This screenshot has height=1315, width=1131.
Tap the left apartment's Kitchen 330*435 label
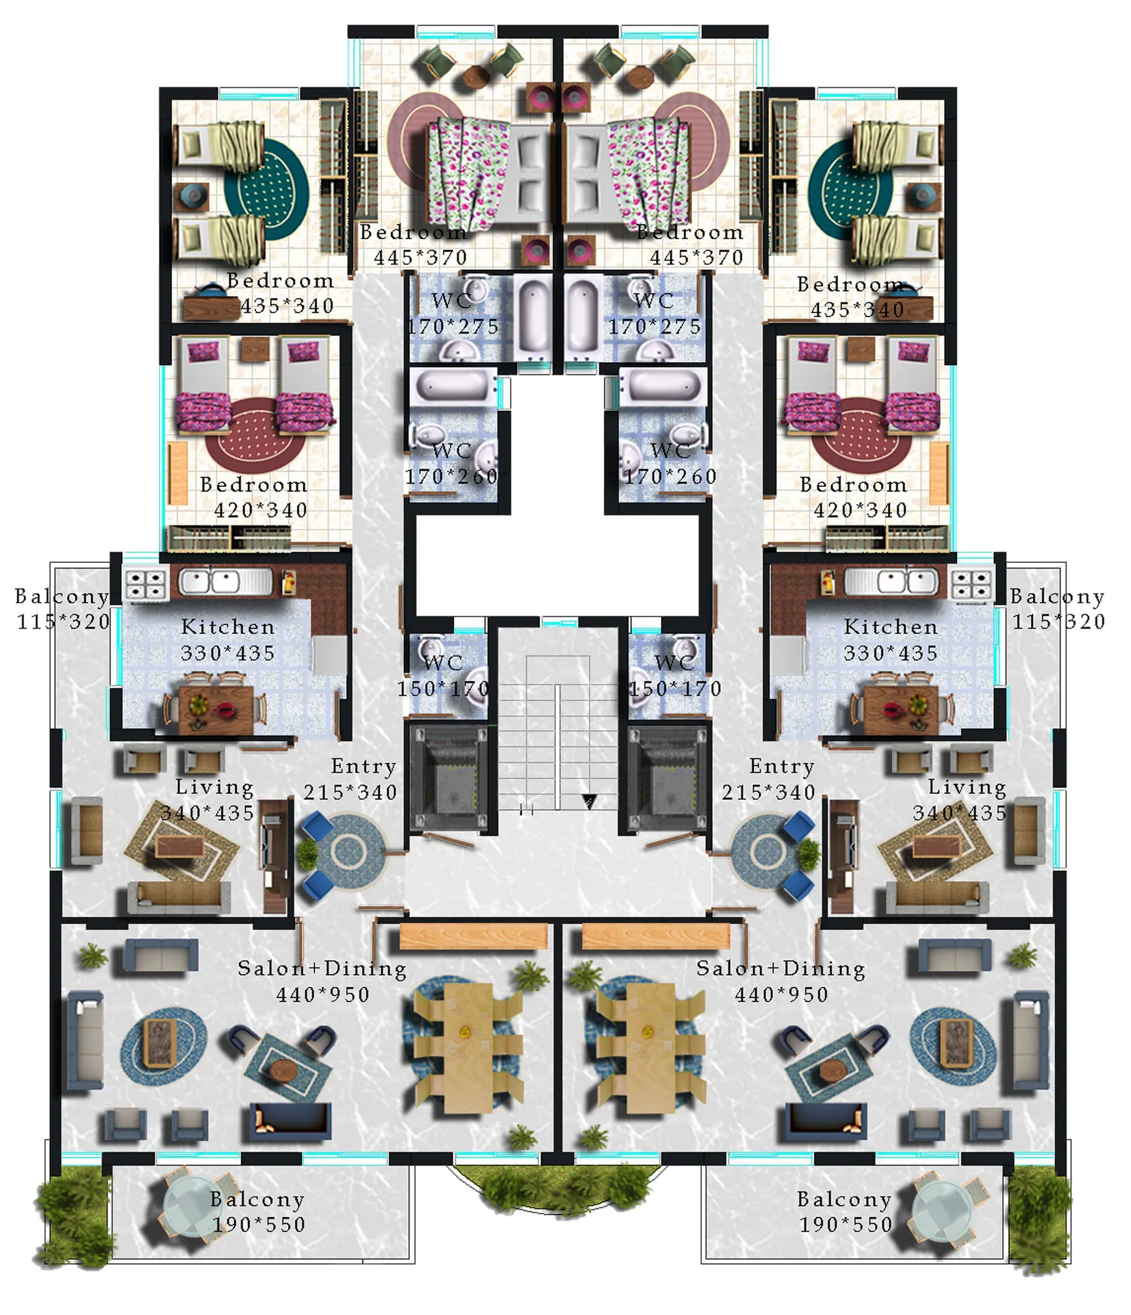[228, 640]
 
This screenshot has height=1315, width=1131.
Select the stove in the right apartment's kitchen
[971, 584]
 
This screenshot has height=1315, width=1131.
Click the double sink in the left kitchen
[225, 582]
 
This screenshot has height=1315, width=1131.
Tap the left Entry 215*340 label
[351, 779]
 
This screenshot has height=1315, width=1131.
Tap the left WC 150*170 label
[443, 675]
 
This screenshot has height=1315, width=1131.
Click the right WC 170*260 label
[670, 463]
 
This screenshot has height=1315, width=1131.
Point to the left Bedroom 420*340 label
[254, 497]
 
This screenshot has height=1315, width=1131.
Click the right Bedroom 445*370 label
[690, 245]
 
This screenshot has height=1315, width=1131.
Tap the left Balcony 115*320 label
[63, 609]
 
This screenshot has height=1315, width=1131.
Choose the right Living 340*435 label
[960, 799]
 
